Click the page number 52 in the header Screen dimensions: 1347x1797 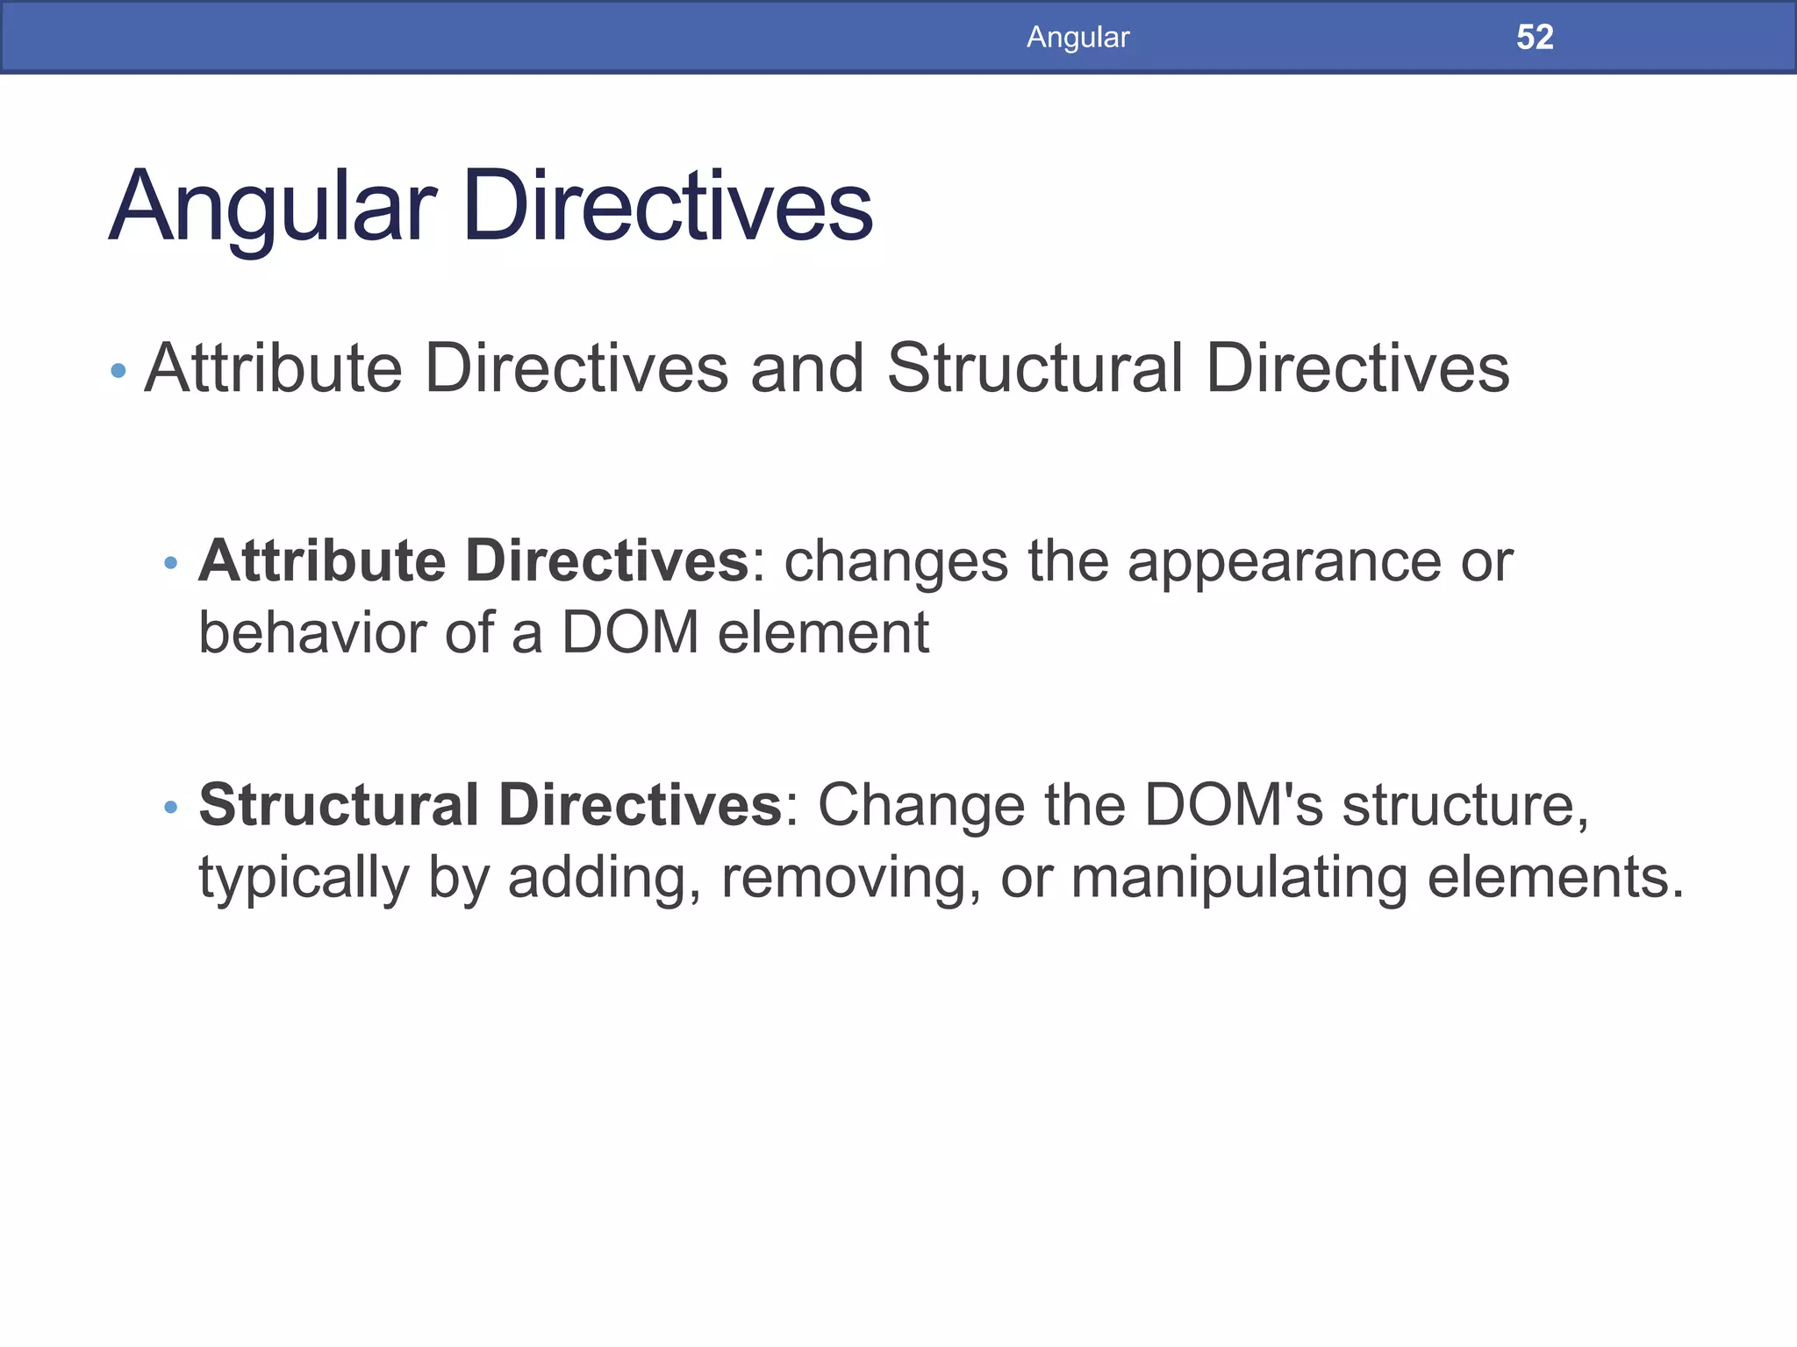[1535, 37]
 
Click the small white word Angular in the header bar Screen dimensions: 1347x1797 [1077, 37]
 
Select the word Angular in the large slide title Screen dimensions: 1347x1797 [272, 208]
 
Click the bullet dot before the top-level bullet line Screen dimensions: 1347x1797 [118, 371]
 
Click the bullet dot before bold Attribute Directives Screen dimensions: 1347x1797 [171, 562]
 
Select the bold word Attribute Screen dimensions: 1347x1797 [322, 560]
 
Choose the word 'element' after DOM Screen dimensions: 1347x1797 [823, 632]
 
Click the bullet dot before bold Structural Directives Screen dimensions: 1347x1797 [171, 807]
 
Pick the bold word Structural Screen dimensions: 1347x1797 [339, 805]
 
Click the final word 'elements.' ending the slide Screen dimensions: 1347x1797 [1555, 877]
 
